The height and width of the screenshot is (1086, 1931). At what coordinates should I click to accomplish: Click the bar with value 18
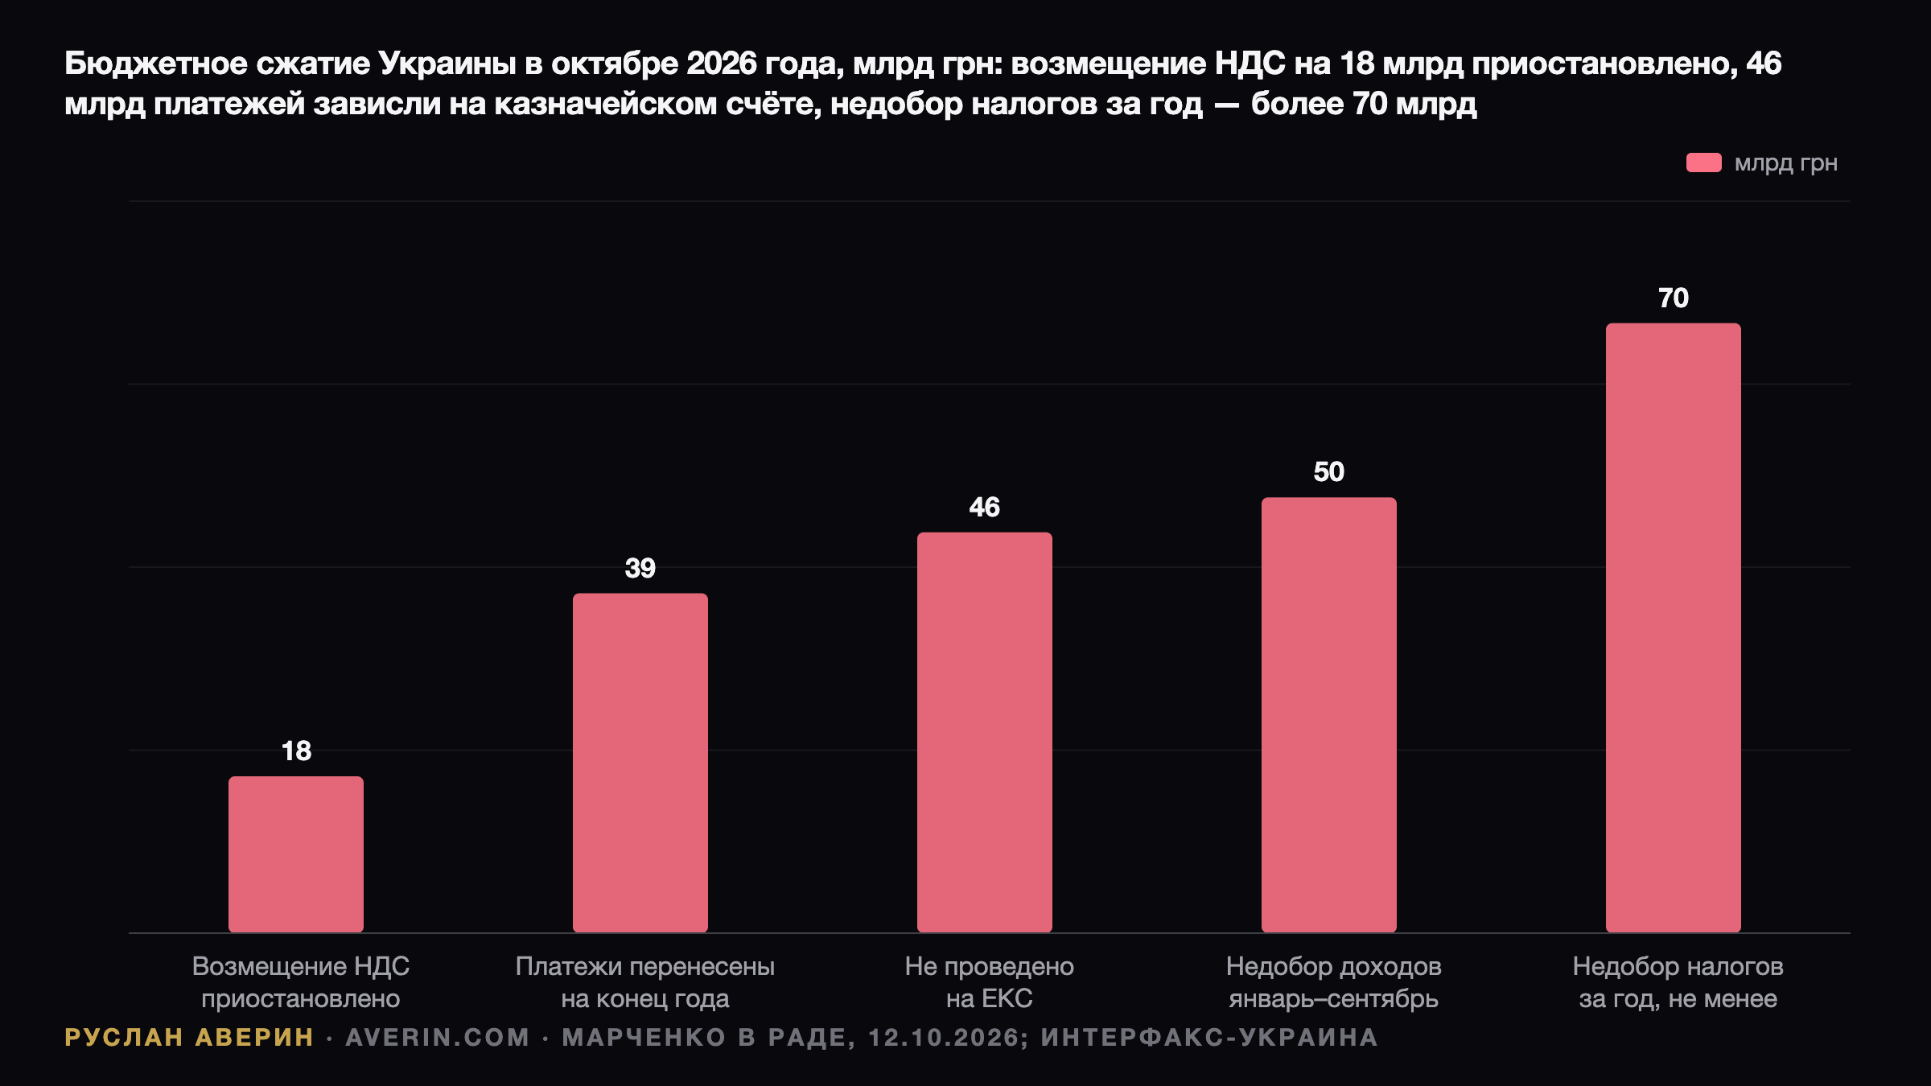pyautogui.click(x=296, y=854)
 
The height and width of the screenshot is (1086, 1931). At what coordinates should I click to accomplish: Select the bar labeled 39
pyautogui.click(x=640, y=763)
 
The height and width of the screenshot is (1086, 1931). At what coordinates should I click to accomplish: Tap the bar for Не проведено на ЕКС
pyautogui.click(x=985, y=733)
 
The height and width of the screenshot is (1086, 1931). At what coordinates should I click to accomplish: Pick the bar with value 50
pyautogui.click(x=1329, y=715)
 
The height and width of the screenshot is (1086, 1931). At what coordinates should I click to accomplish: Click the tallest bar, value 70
pyautogui.click(x=1674, y=628)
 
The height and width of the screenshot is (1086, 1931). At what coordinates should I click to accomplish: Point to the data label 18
pyautogui.click(x=296, y=751)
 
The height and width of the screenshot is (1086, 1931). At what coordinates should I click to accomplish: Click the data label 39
pyautogui.click(x=640, y=569)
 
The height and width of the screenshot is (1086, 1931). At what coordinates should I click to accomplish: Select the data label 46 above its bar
pyautogui.click(x=985, y=508)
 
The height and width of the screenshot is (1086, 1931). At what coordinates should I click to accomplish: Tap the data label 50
pyautogui.click(x=1329, y=472)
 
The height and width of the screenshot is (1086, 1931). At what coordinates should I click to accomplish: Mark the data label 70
pyautogui.click(x=1674, y=298)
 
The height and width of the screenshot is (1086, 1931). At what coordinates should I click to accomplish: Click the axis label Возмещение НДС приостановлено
pyautogui.click(x=301, y=982)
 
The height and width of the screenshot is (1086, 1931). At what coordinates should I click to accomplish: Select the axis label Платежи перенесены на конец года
pyautogui.click(x=645, y=982)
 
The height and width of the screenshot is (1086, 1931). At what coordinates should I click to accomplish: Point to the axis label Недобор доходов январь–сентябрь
pyautogui.click(x=1334, y=982)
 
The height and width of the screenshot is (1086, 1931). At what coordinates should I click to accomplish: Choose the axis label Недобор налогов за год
pyautogui.click(x=1678, y=982)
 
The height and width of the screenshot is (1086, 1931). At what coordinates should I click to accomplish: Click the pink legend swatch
pyautogui.click(x=1704, y=162)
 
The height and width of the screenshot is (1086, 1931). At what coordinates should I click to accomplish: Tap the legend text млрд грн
pyautogui.click(x=1786, y=163)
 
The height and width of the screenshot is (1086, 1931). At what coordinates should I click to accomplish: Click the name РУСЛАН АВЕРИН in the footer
pyautogui.click(x=189, y=1038)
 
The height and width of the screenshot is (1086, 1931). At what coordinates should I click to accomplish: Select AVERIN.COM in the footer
pyautogui.click(x=438, y=1038)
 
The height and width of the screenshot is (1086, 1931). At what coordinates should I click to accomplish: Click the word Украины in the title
pyautogui.click(x=447, y=64)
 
